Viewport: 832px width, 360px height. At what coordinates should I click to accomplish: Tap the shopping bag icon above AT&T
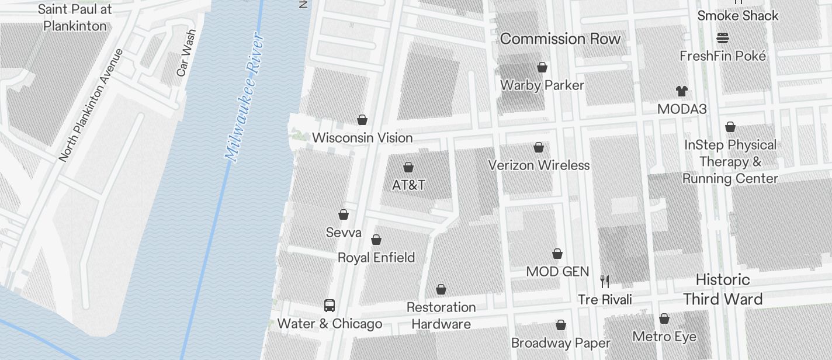(408, 168)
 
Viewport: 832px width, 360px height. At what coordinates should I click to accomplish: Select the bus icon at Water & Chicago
(330, 306)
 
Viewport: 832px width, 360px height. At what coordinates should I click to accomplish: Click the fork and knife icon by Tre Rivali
(605, 282)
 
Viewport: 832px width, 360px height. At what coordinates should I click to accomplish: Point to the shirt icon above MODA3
(682, 91)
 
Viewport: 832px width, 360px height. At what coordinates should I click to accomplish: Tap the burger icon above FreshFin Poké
(723, 39)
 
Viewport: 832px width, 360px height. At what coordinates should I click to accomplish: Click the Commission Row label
(560, 39)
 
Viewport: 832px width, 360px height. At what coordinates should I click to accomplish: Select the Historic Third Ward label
(723, 289)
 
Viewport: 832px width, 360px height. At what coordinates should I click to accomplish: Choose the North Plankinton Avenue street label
(91, 105)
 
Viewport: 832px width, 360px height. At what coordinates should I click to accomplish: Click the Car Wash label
(186, 53)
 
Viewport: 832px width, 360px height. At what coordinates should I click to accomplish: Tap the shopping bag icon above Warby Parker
(542, 67)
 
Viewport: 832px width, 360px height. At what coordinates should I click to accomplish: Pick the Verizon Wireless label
(539, 165)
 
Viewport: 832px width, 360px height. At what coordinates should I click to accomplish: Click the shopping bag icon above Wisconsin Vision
(362, 120)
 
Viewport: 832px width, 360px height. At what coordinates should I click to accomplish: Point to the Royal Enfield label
(376, 257)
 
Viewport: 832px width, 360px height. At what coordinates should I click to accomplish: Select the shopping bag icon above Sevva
(344, 214)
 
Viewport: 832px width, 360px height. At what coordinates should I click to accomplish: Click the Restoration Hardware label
(441, 316)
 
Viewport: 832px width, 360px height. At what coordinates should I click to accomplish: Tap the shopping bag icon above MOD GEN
(557, 254)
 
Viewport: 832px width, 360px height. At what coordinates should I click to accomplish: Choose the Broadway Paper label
(560, 343)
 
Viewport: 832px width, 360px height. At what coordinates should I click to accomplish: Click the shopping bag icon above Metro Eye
(664, 319)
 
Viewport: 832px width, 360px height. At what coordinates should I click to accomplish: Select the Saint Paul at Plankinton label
(75, 18)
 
